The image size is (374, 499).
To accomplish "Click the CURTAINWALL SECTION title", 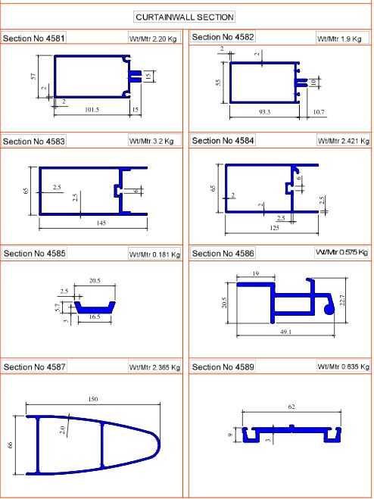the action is pos(185,17).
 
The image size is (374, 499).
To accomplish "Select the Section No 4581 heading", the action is pos(34,39).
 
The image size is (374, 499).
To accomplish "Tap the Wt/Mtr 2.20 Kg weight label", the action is pos(153,39).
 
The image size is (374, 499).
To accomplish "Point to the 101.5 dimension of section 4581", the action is pos(92,110).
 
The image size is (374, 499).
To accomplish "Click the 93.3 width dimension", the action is pos(264,112).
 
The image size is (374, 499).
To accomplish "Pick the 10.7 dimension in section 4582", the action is pos(318,112).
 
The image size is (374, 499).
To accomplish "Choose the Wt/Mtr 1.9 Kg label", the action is pos(339,39).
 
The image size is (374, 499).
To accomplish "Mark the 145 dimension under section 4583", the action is pos(101,223).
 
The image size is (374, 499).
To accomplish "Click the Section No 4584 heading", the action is pos(223,141).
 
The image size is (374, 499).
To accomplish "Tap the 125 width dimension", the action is pos(274,228).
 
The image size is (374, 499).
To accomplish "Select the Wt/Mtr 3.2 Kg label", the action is pos(151,141).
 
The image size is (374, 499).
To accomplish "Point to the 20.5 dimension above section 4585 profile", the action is pos(95,280).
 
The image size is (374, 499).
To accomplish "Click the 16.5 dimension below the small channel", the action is pos(95,317).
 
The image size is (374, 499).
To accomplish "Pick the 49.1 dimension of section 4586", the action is pos(286,332).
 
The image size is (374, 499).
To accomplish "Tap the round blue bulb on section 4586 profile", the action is pos(329,309).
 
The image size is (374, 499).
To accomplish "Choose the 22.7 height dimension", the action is pos(342,300).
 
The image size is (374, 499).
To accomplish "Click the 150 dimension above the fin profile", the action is pos(93,399).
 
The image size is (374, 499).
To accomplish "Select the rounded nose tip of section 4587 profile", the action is pos(159,444).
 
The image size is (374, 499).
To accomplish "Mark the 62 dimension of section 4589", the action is pos(291,407).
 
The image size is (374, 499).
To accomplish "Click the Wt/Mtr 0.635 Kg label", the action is pos(344,366).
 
